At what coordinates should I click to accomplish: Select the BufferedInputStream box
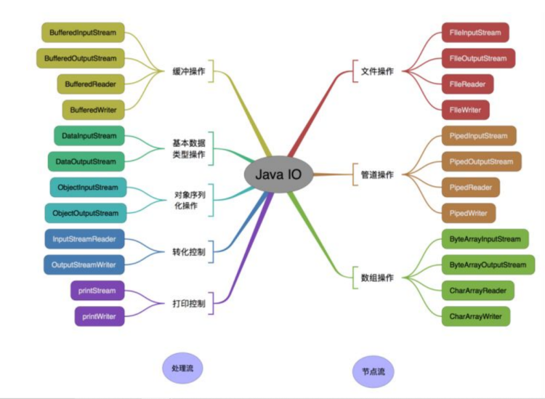tap(82, 33)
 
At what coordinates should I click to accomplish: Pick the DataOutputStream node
tap(84, 161)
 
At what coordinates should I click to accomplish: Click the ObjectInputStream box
tap(88, 188)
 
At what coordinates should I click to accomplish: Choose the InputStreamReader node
tap(84, 238)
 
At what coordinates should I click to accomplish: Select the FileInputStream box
tap(475, 33)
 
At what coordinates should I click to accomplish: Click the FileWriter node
tap(465, 110)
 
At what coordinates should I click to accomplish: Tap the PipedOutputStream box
tap(480, 161)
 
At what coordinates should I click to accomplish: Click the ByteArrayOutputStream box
tap(488, 265)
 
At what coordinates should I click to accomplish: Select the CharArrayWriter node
tap(475, 316)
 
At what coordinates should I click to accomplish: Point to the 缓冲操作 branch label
tap(188, 71)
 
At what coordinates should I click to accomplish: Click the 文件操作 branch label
tap(377, 71)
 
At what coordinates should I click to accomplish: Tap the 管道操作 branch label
tap(377, 174)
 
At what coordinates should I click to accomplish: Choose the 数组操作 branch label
tap(377, 278)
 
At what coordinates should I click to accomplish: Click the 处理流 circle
tap(182, 368)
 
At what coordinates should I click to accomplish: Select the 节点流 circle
tap(374, 371)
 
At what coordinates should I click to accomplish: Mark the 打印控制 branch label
tap(188, 302)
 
